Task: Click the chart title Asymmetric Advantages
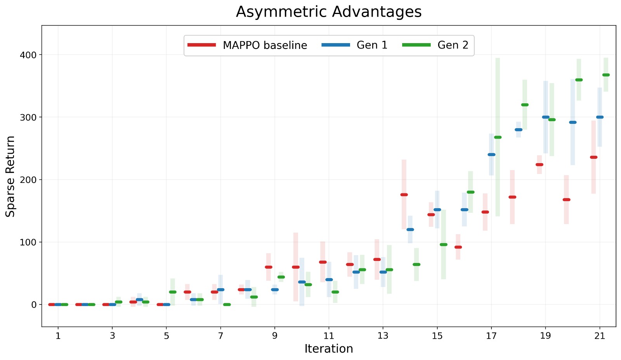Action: click(329, 12)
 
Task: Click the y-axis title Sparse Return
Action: click(10, 176)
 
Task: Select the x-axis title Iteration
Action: click(329, 349)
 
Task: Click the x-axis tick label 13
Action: click(383, 336)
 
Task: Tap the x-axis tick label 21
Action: click(600, 336)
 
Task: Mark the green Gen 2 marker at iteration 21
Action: click(606, 75)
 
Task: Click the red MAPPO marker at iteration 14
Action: click(404, 195)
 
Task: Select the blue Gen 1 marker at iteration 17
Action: click(491, 155)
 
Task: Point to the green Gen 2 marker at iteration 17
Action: click(498, 137)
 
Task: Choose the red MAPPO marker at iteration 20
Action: click(566, 200)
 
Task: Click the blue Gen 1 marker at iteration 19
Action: click(546, 117)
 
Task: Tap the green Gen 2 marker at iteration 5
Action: click(173, 292)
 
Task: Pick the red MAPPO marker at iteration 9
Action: click(269, 267)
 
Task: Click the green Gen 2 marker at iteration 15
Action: click(444, 245)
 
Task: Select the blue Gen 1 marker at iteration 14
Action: click(410, 230)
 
